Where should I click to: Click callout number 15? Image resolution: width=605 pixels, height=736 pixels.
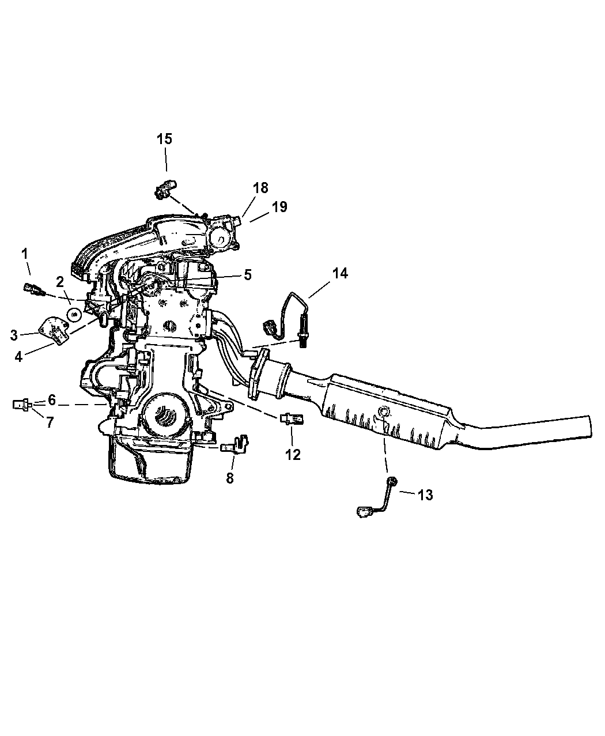(164, 139)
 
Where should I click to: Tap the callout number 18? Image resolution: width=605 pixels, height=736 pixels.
(260, 188)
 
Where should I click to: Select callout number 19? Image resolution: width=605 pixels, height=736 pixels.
(279, 207)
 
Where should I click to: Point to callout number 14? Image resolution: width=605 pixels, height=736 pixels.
(339, 273)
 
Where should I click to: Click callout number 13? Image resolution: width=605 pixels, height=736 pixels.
(425, 495)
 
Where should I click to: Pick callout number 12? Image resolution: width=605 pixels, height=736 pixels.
(293, 455)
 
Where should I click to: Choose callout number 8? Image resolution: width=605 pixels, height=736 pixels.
(229, 478)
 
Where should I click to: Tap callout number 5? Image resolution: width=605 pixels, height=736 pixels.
(247, 275)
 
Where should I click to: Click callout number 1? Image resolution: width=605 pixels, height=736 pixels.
(24, 254)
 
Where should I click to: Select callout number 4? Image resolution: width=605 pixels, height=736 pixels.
(18, 356)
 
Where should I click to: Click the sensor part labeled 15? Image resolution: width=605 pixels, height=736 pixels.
(165, 189)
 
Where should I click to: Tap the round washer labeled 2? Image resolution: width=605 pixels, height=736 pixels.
(74, 315)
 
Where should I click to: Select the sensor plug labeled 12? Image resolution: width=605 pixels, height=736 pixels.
(292, 418)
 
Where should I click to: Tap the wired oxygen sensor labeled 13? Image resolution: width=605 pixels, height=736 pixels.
(377, 499)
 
